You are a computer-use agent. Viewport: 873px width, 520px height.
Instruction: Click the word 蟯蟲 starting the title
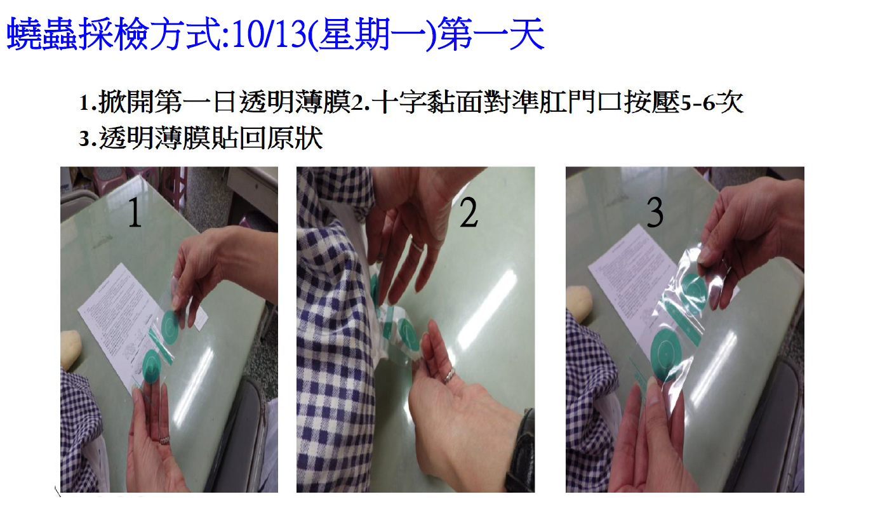pyautogui.click(x=42, y=34)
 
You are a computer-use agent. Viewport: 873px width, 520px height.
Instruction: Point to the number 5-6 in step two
pyautogui.click(x=699, y=103)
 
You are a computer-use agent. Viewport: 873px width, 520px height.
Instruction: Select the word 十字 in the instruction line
pyautogui.click(x=399, y=102)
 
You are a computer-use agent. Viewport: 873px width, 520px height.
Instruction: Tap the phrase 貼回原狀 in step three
pyautogui.click(x=268, y=138)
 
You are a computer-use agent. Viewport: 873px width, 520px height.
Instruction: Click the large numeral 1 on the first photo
pyautogui.click(x=135, y=213)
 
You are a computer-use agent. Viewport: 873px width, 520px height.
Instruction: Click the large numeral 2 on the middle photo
pyautogui.click(x=469, y=213)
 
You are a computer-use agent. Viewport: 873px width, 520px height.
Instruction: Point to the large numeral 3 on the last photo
pyautogui.click(x=655, y=213)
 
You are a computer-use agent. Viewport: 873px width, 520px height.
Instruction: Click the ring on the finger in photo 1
pyautogui.click(x=164, y=440)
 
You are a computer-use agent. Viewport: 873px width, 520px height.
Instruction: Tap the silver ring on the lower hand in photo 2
pyautogui.click(x=450, y=375)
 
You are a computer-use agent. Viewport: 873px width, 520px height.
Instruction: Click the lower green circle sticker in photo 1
pyautogui.click(x=152, y=365)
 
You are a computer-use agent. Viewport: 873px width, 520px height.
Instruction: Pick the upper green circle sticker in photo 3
pyautogui.click(x=694, y=291)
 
